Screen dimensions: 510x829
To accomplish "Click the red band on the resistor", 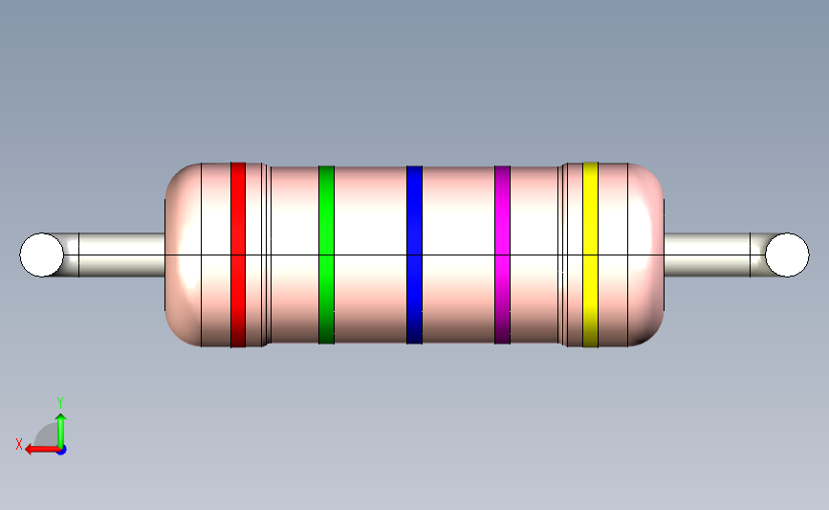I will [238, 255].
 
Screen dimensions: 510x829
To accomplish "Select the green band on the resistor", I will [326, 255].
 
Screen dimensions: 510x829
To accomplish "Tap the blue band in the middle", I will [414, 255].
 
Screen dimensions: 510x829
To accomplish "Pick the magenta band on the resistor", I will [502, 255].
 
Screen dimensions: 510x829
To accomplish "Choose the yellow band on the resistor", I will [590, 255].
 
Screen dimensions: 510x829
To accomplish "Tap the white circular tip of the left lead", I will [42, 255].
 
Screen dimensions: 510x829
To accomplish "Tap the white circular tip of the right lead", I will [786, 255].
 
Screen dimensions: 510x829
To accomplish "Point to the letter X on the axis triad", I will [19, 444].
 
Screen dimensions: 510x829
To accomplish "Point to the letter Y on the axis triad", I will [59, 403].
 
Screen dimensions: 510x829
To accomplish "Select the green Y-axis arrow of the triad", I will [60, 428].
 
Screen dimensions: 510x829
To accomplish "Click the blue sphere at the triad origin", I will [60, 450].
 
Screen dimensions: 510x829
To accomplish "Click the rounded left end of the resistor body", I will [183, 255].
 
